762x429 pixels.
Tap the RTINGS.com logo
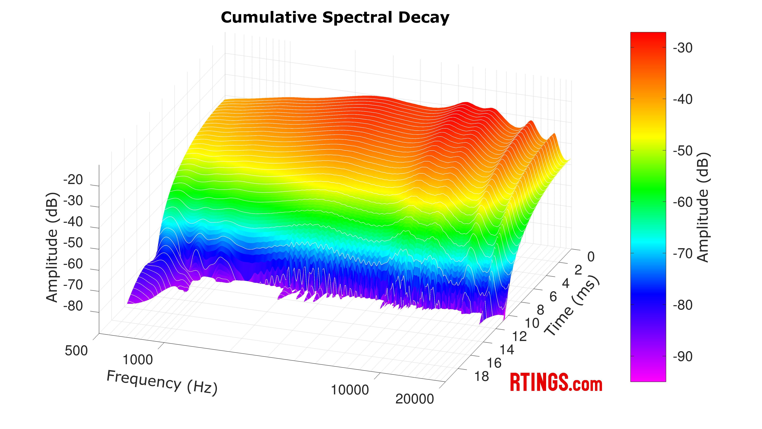556,383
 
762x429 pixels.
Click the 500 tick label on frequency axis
76,351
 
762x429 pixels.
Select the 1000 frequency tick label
138,360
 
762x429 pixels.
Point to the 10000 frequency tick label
350,390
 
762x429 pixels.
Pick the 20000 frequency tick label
414,399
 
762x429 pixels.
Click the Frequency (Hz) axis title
162,383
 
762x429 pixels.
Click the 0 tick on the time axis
591,257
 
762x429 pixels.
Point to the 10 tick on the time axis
532,323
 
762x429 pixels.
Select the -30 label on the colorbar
683,48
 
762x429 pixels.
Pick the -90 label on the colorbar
683,357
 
